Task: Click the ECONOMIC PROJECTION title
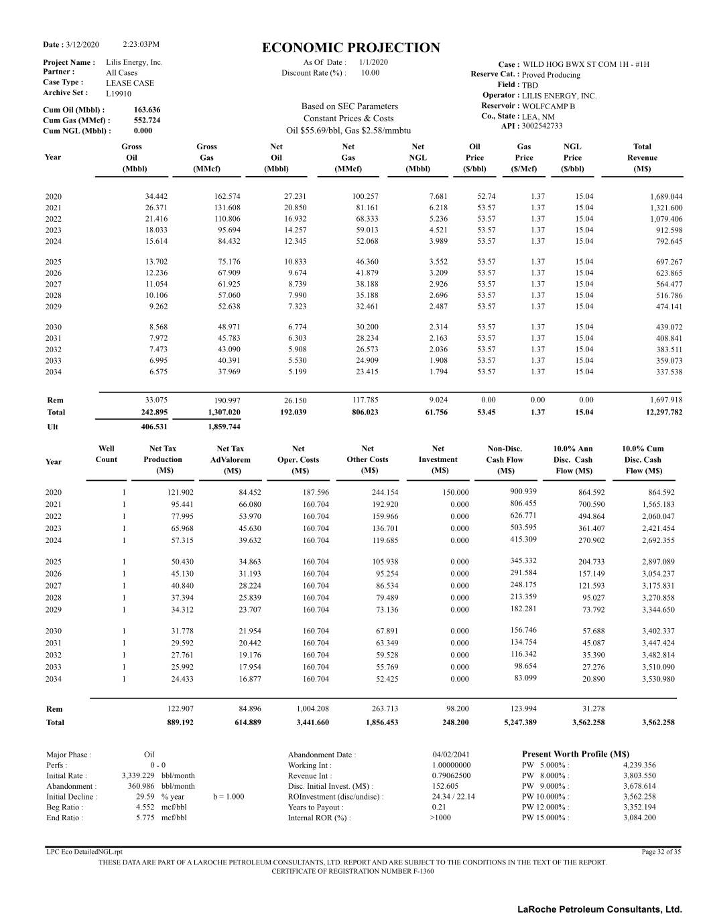point(351,48)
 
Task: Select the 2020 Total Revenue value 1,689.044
point(666,197)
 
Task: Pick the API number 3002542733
point(542,126)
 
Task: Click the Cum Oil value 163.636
point(147,110)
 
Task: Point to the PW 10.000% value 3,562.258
point(639,797)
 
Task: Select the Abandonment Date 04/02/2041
point(451,755)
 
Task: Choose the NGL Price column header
point(572,157)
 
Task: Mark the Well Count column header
point(106,454)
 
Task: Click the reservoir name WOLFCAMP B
point(548,106)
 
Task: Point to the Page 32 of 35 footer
point(661,852)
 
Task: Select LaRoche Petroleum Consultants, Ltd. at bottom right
point(599,909)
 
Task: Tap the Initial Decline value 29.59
point(145,797)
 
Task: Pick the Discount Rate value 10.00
point(370,73)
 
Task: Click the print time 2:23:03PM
point(141,44)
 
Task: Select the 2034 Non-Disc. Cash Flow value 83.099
point(525,678)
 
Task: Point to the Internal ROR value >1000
point(440,818)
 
